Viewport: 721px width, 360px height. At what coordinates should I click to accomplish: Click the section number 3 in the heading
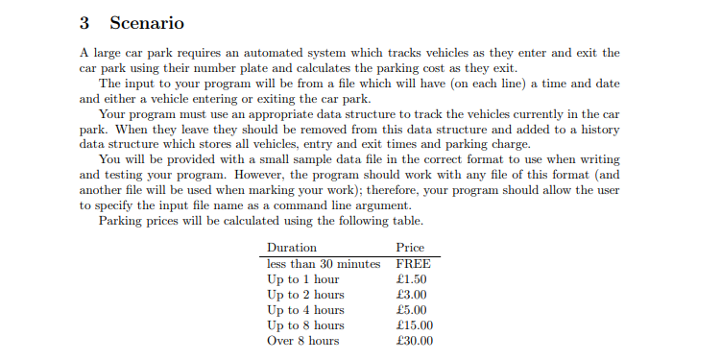pos(85,22)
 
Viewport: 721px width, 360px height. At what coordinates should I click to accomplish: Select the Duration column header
pos(291,248)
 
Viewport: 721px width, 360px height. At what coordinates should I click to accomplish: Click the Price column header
pos(410,248)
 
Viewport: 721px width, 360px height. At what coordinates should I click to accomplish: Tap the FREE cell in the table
pos(413,264)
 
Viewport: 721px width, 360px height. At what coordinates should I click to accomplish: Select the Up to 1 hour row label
pos(302,279)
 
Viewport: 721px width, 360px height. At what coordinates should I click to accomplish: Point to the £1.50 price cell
pos(412,279)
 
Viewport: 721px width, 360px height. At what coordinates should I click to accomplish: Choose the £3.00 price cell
pos(412,295)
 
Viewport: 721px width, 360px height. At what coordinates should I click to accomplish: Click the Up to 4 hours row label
pos(305,310)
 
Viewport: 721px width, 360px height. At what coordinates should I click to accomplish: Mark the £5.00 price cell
pos(412,310)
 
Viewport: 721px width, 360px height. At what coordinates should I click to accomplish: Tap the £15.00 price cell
pos(415,325)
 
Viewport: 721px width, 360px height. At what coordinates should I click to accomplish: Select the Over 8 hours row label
pos(302,341)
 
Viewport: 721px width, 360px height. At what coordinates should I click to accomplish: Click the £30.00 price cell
pos(415,341)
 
